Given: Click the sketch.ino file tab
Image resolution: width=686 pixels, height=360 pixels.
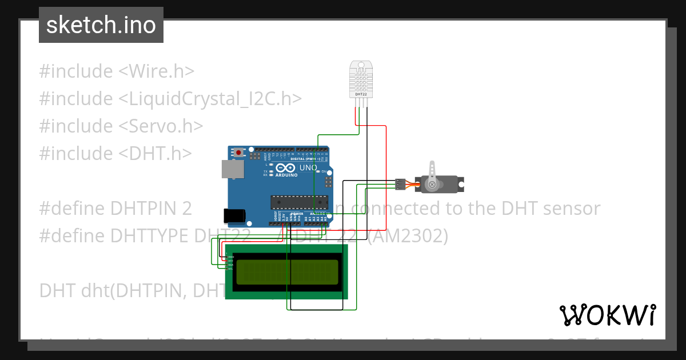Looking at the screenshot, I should click(101, 25).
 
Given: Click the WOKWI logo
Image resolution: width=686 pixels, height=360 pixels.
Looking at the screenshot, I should click(607, 315).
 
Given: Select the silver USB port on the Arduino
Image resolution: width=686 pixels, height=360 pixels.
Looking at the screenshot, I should click(233, 169).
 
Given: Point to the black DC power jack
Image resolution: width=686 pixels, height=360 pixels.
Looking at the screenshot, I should click(234, 215).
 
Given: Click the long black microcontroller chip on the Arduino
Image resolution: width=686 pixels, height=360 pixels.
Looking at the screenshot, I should click(300, 201).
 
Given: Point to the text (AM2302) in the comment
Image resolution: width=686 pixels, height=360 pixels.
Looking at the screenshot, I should click(407, 236).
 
